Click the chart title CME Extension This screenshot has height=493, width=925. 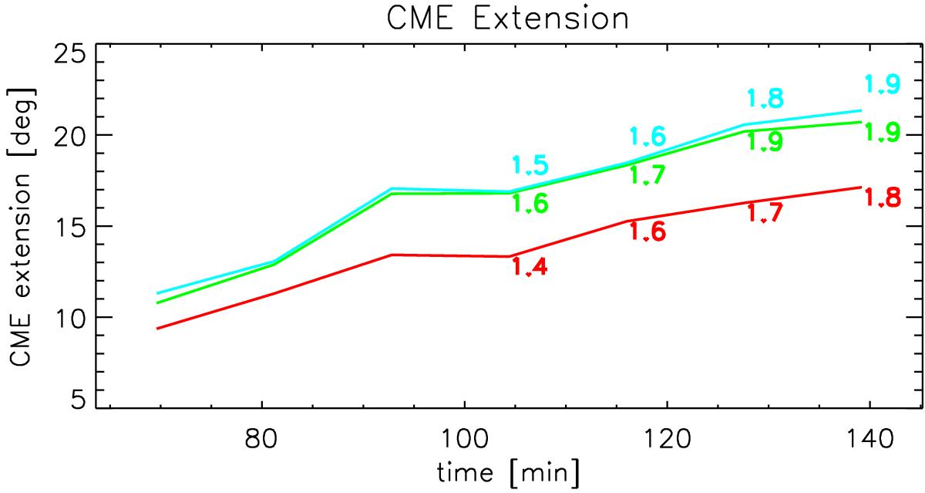[x=507, y=19]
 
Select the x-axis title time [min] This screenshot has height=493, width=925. [x=508, y=473]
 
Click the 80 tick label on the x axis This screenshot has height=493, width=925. [x=261, y=438]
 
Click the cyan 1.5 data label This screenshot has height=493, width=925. [x=530, y=165]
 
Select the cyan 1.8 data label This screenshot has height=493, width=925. [x=765, y=98]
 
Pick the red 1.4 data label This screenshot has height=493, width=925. [x=530, y=266]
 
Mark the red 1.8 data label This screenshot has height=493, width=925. [x=882, y=198]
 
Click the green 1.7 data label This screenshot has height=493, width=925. [x=647, y=174]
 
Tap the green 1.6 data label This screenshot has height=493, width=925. [x=530, y=204]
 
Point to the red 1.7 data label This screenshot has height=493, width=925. [x=765, y=213]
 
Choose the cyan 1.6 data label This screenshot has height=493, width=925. [x=647, y=137]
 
